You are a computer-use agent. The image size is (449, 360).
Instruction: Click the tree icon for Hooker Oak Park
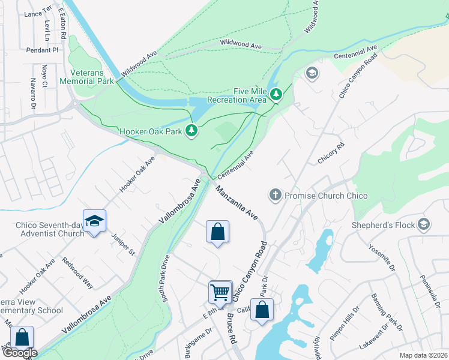pyautogui.click(x=191, y=130)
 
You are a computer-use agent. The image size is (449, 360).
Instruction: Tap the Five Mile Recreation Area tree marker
pyautogui.click(x=276, y=95)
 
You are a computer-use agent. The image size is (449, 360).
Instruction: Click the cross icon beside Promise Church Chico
pyautogui.click(x=275, y=195)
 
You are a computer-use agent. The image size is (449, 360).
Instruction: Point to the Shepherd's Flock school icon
pyautogui.click(x=424, y=224)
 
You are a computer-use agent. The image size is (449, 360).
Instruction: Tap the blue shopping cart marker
pyautogui.click(x=220, y=292)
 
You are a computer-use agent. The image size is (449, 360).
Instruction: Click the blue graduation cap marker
pyautogui.click(x=94, y=221)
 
